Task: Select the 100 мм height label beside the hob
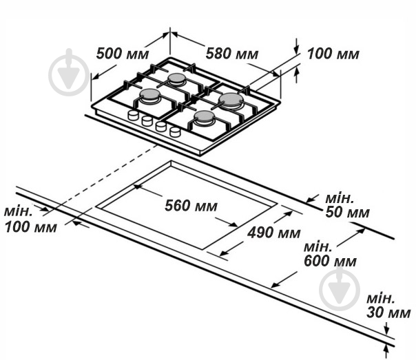(x=333, y=54)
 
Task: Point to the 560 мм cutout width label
(x=191, y=205)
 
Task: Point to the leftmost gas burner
(x=151, y=96)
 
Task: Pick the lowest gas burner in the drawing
(x=205, y=119)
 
